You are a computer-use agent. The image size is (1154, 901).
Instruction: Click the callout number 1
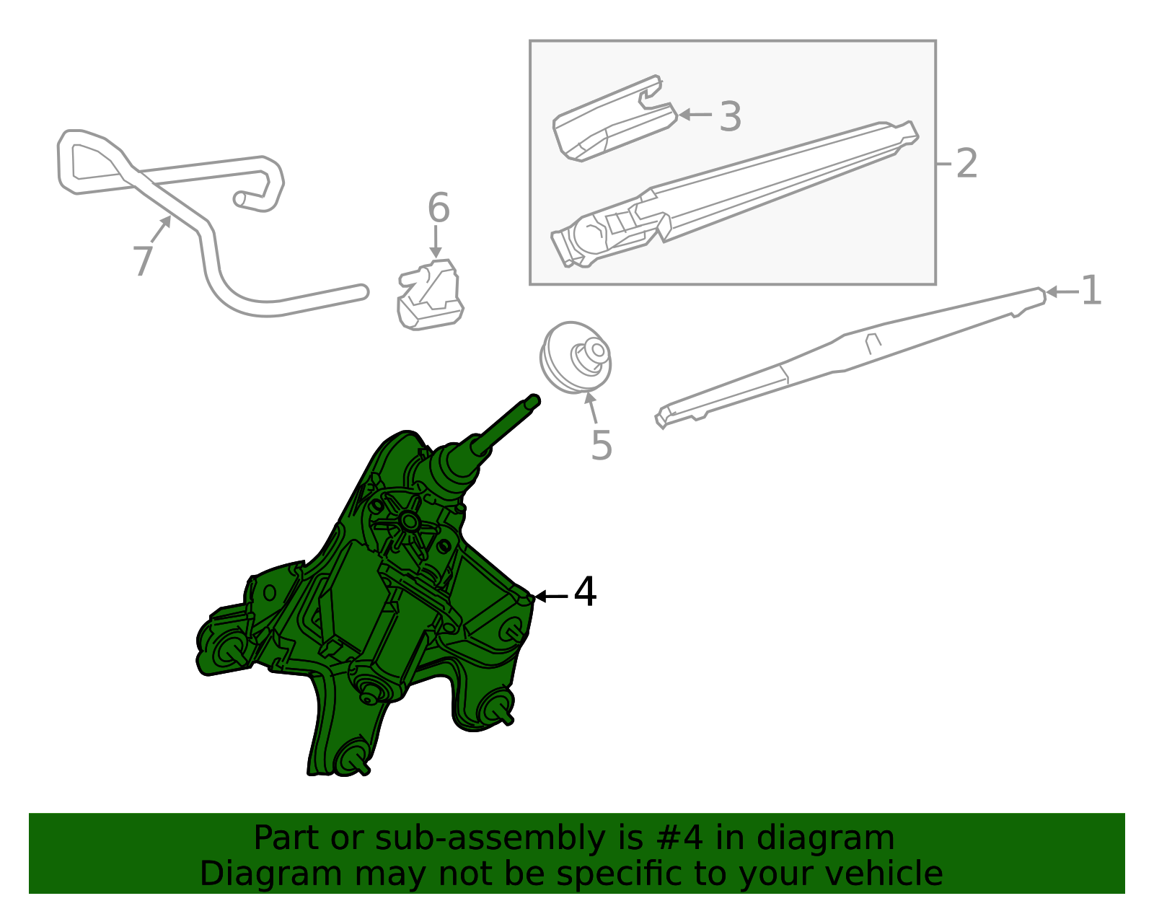(1091, 291)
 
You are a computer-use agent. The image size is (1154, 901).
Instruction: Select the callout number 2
(966, 163)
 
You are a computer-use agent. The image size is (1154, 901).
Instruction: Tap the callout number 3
(730, 116)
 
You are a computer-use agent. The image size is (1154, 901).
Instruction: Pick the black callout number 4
(585, 592)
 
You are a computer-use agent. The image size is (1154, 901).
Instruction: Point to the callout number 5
(602, 444)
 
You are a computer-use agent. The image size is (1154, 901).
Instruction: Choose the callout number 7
(143, 260)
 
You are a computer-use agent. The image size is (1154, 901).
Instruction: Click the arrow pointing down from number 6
(436, 242)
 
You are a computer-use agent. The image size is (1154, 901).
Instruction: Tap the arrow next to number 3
(695, 114)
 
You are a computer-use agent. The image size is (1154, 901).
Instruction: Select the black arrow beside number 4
(550, 597)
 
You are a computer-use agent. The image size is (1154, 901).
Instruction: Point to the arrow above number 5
(592, 408)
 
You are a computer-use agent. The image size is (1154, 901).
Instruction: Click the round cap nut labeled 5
(576, 357)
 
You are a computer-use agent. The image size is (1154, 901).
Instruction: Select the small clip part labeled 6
(430, 294)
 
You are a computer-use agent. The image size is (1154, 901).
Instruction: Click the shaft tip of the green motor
(533, 401)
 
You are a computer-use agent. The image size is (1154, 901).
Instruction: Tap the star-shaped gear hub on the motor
(408, 522)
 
